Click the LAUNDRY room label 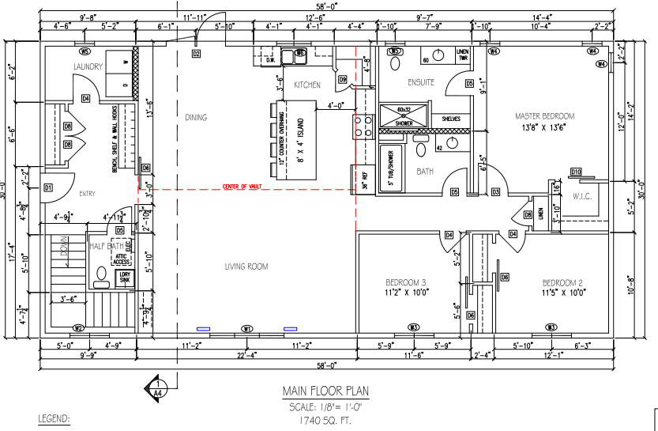(88, 67)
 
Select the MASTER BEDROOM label (544, 116)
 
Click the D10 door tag (576, 172)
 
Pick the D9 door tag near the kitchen (343, 79)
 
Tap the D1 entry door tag (47, 187)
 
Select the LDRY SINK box (125, 277)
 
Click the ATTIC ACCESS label (122, 259)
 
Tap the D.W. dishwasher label (269, 59)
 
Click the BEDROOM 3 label (406, 283)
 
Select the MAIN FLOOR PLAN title (325, 391)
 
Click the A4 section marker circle (156, 388)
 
